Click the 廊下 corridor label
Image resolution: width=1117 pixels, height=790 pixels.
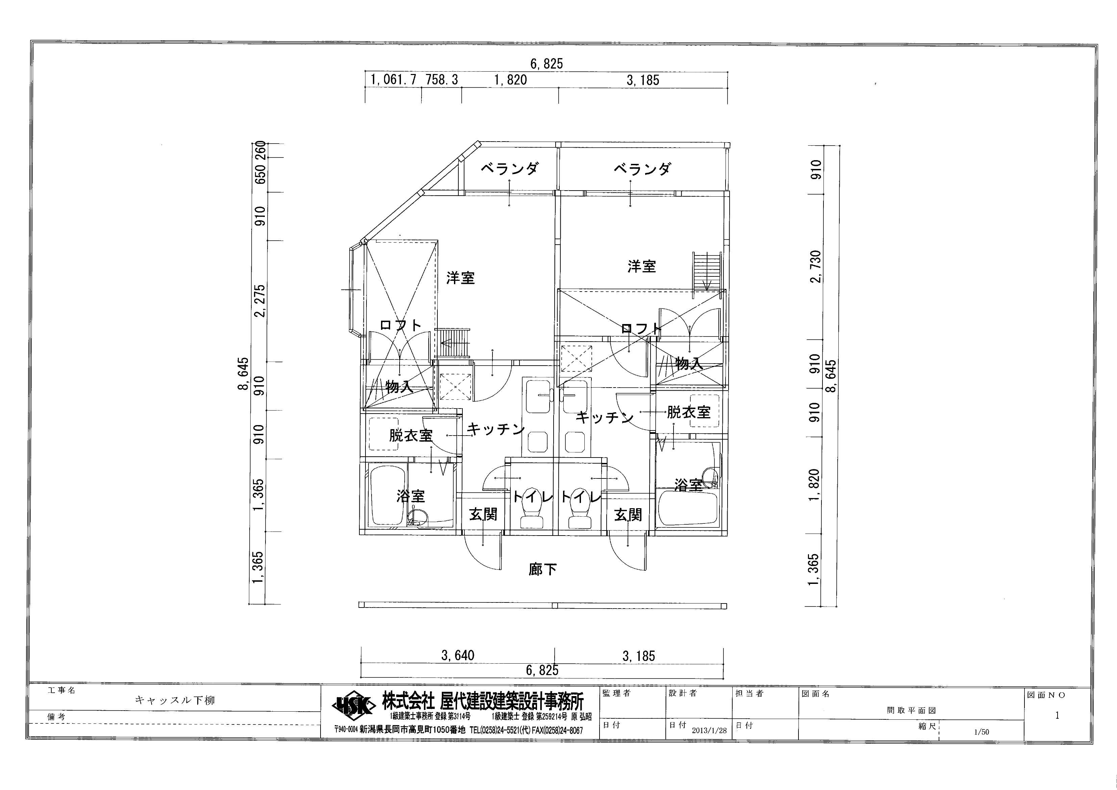click(542, 569)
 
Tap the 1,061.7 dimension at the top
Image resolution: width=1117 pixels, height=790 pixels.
click(394, 80)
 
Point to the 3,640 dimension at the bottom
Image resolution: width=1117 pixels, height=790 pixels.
click(457, 656)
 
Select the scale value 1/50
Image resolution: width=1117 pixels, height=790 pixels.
click(982, 732)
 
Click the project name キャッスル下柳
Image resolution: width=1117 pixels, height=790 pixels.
click(175, 700)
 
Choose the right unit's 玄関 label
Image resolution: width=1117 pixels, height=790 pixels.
click(628, 515)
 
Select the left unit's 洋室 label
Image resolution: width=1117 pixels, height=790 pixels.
click(460, 278)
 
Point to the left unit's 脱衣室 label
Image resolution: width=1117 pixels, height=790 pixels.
click(411, 435)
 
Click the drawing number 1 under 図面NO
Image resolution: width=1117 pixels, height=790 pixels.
click(1057, 716)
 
